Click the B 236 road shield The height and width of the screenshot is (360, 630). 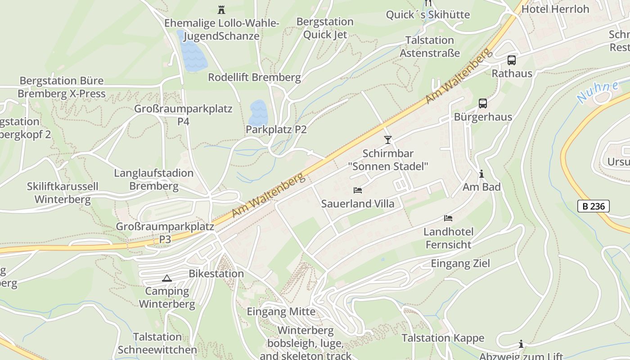593,206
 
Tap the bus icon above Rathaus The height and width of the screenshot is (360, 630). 512,60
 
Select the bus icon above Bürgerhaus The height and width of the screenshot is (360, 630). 483,103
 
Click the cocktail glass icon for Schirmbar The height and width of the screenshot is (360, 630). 388,140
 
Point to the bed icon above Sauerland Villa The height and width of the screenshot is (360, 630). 358,190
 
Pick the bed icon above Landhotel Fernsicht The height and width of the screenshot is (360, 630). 448,218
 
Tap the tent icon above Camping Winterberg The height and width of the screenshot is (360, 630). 167,278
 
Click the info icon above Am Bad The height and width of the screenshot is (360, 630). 481,174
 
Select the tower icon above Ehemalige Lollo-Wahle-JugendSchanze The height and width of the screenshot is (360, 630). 221,9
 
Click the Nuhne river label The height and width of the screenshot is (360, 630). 597,92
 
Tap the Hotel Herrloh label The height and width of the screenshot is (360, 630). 555,9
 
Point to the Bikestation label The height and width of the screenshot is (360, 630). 216,274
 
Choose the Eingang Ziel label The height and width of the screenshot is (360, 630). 460,263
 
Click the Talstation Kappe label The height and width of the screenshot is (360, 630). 443,338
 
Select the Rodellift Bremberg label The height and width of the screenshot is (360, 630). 254,77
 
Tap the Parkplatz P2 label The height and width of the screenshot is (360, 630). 276,130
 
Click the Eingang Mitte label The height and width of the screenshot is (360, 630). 281,311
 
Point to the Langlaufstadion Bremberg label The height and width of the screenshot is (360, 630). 153,180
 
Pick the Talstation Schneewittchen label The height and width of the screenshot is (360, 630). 157,343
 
